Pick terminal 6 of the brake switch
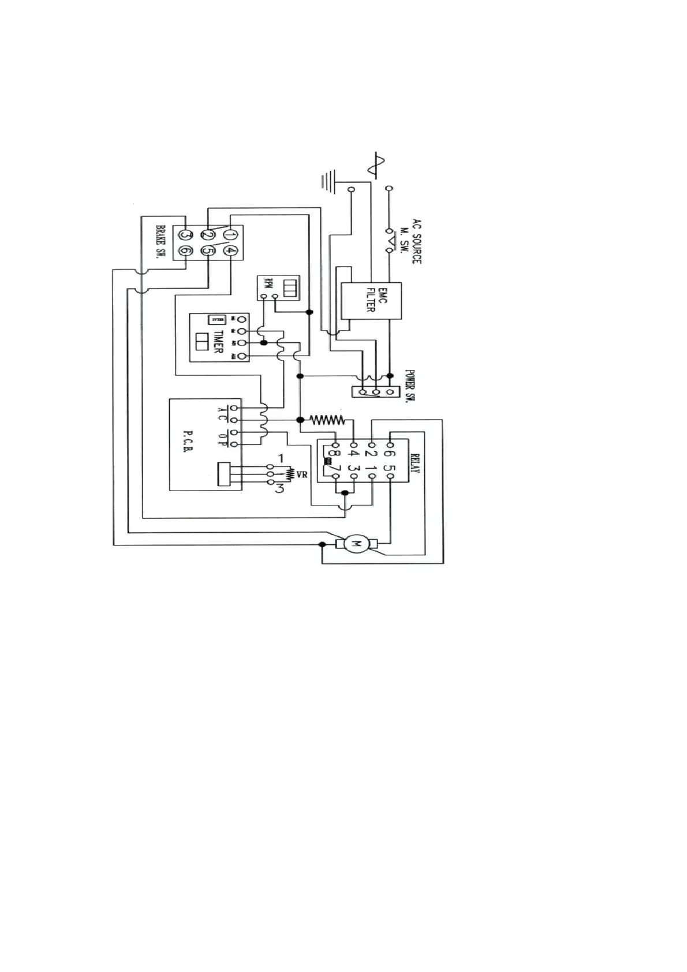coord(185,251)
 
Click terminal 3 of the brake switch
coord(185,235)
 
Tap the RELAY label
coord(415,461)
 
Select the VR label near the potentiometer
coord(301,474)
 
